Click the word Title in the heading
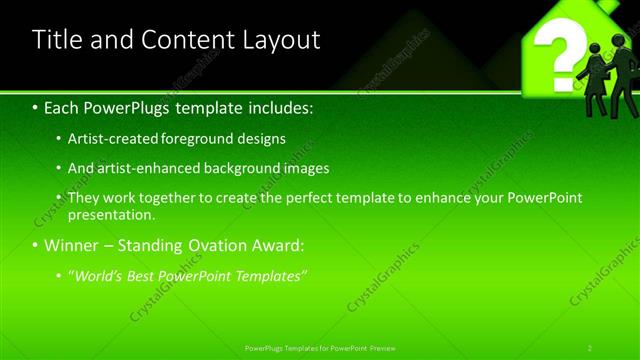pyautogui.click(x=58, y=40)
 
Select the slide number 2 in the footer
pyautogui.click(x=590, y=348)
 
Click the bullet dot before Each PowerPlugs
pyautogui.click(x=36, y=107)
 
